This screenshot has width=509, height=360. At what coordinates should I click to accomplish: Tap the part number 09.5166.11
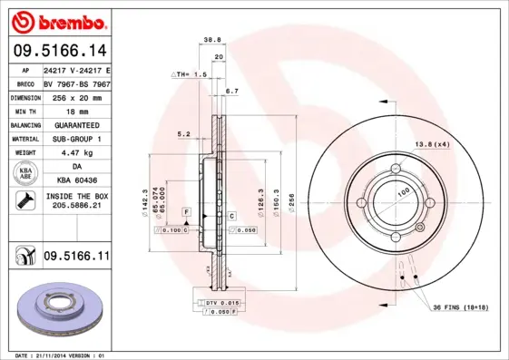(x=76, y=258)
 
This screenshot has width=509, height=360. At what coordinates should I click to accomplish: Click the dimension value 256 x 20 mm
(x=76, y=95)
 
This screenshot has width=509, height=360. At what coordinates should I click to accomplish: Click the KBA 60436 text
(x=76, y=181)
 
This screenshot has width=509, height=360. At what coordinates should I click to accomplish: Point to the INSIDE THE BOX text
(x=76, y=197)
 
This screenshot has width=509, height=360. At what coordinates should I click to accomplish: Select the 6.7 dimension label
(x=231, y=92)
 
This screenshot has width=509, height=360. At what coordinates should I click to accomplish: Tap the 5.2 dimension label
(x=183, y=134)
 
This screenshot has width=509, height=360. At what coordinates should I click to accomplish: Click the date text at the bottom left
(x=64, y=355)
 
